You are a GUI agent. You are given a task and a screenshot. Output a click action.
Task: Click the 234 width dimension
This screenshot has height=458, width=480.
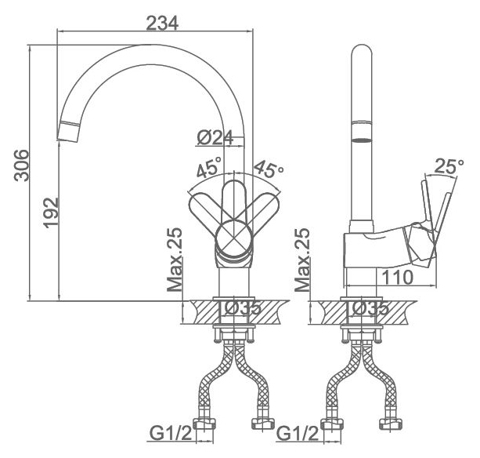[162, 23]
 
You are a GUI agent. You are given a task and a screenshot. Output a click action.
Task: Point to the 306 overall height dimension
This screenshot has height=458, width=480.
[22, 165]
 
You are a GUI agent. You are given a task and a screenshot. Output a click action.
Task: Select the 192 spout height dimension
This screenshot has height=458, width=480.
[51, 213]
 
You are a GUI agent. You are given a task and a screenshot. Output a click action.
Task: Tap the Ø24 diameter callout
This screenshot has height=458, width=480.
[215, 138]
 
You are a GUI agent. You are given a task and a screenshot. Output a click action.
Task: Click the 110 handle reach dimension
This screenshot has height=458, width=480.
[398, 278]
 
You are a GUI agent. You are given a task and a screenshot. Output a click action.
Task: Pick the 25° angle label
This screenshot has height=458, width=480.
[449, 166]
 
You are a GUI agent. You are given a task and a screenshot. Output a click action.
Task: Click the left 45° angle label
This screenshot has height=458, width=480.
[209, 167]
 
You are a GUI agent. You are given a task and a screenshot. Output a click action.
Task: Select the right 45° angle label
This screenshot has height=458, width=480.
[268, 169]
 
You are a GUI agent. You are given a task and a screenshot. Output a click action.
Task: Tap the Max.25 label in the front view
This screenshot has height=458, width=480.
[175, 260]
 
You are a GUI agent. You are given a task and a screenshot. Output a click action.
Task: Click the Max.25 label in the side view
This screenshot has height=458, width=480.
[302, 260]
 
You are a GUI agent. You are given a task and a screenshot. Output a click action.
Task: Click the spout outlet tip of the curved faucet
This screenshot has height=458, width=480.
[67, 132]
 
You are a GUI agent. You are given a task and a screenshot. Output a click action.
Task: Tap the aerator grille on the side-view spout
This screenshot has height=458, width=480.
[362, 140]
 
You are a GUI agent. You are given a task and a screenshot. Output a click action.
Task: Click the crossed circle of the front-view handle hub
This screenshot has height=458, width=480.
[233, 238]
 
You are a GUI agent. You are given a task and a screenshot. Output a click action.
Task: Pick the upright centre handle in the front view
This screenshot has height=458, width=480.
[233, 200]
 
